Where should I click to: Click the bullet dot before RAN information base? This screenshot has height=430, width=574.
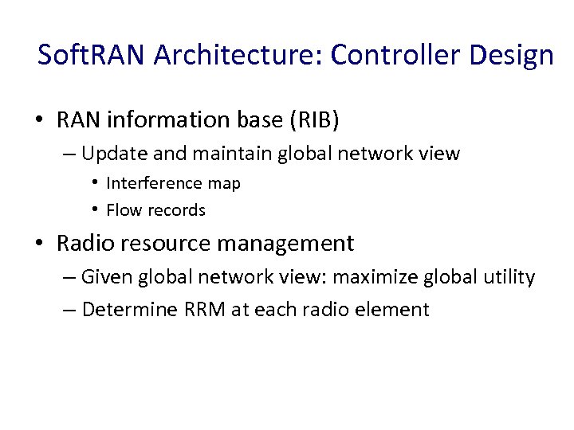point(39,121)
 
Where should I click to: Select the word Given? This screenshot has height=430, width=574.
point(108,278)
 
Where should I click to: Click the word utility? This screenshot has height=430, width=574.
point(509,278)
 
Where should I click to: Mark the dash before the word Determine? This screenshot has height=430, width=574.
point(69,309)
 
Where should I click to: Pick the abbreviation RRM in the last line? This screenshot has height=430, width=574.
point(205,309)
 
